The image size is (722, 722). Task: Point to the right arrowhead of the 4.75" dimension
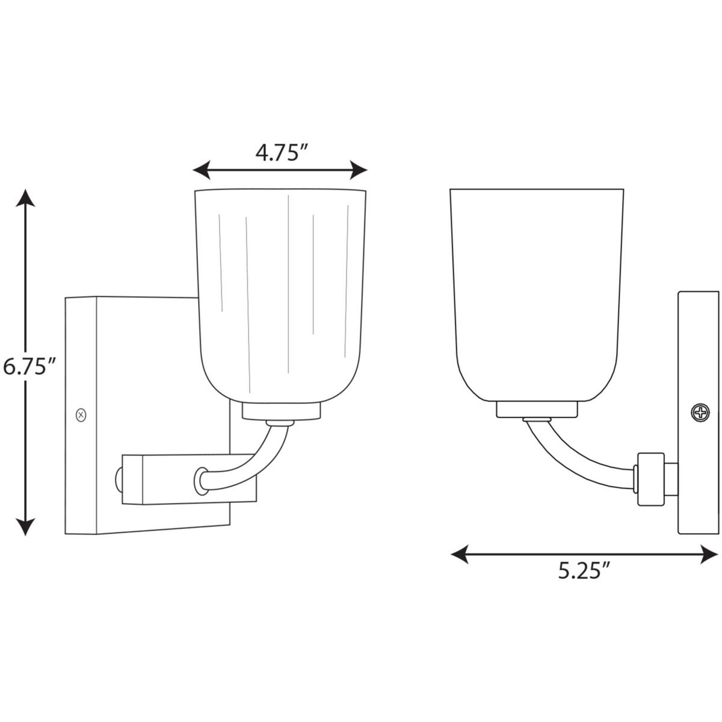click(x=359, y=170)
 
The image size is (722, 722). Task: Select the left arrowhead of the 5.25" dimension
click(x=460, y=554)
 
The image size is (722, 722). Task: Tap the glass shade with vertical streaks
click(x=280, y=289)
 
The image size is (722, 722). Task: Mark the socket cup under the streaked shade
click(x=280, y=410)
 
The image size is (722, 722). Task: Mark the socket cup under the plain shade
click(x=537, y=409)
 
